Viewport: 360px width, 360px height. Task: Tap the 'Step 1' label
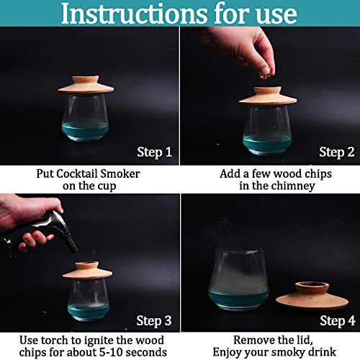[154, 152]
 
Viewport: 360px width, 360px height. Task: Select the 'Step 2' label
[336, 152]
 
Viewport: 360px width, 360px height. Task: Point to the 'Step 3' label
[154, 320]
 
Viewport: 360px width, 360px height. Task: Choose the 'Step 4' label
[336, 320]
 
